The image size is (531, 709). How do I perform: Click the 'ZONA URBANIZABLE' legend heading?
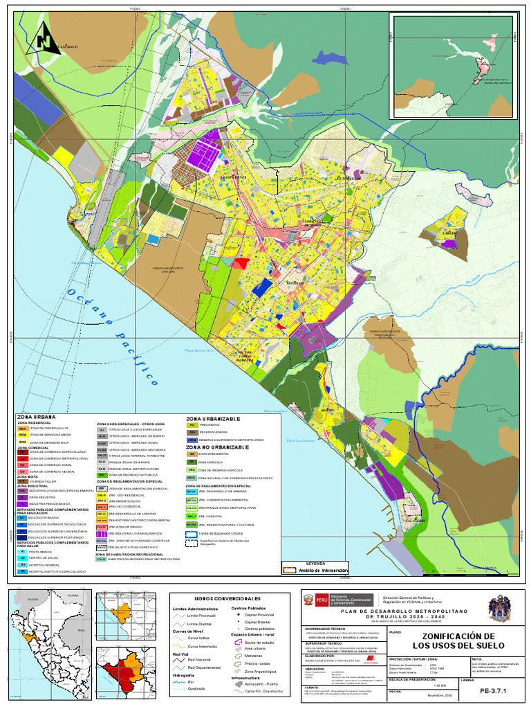tap(213, 419)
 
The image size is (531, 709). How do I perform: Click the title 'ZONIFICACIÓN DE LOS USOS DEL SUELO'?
tap(449, 641)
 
